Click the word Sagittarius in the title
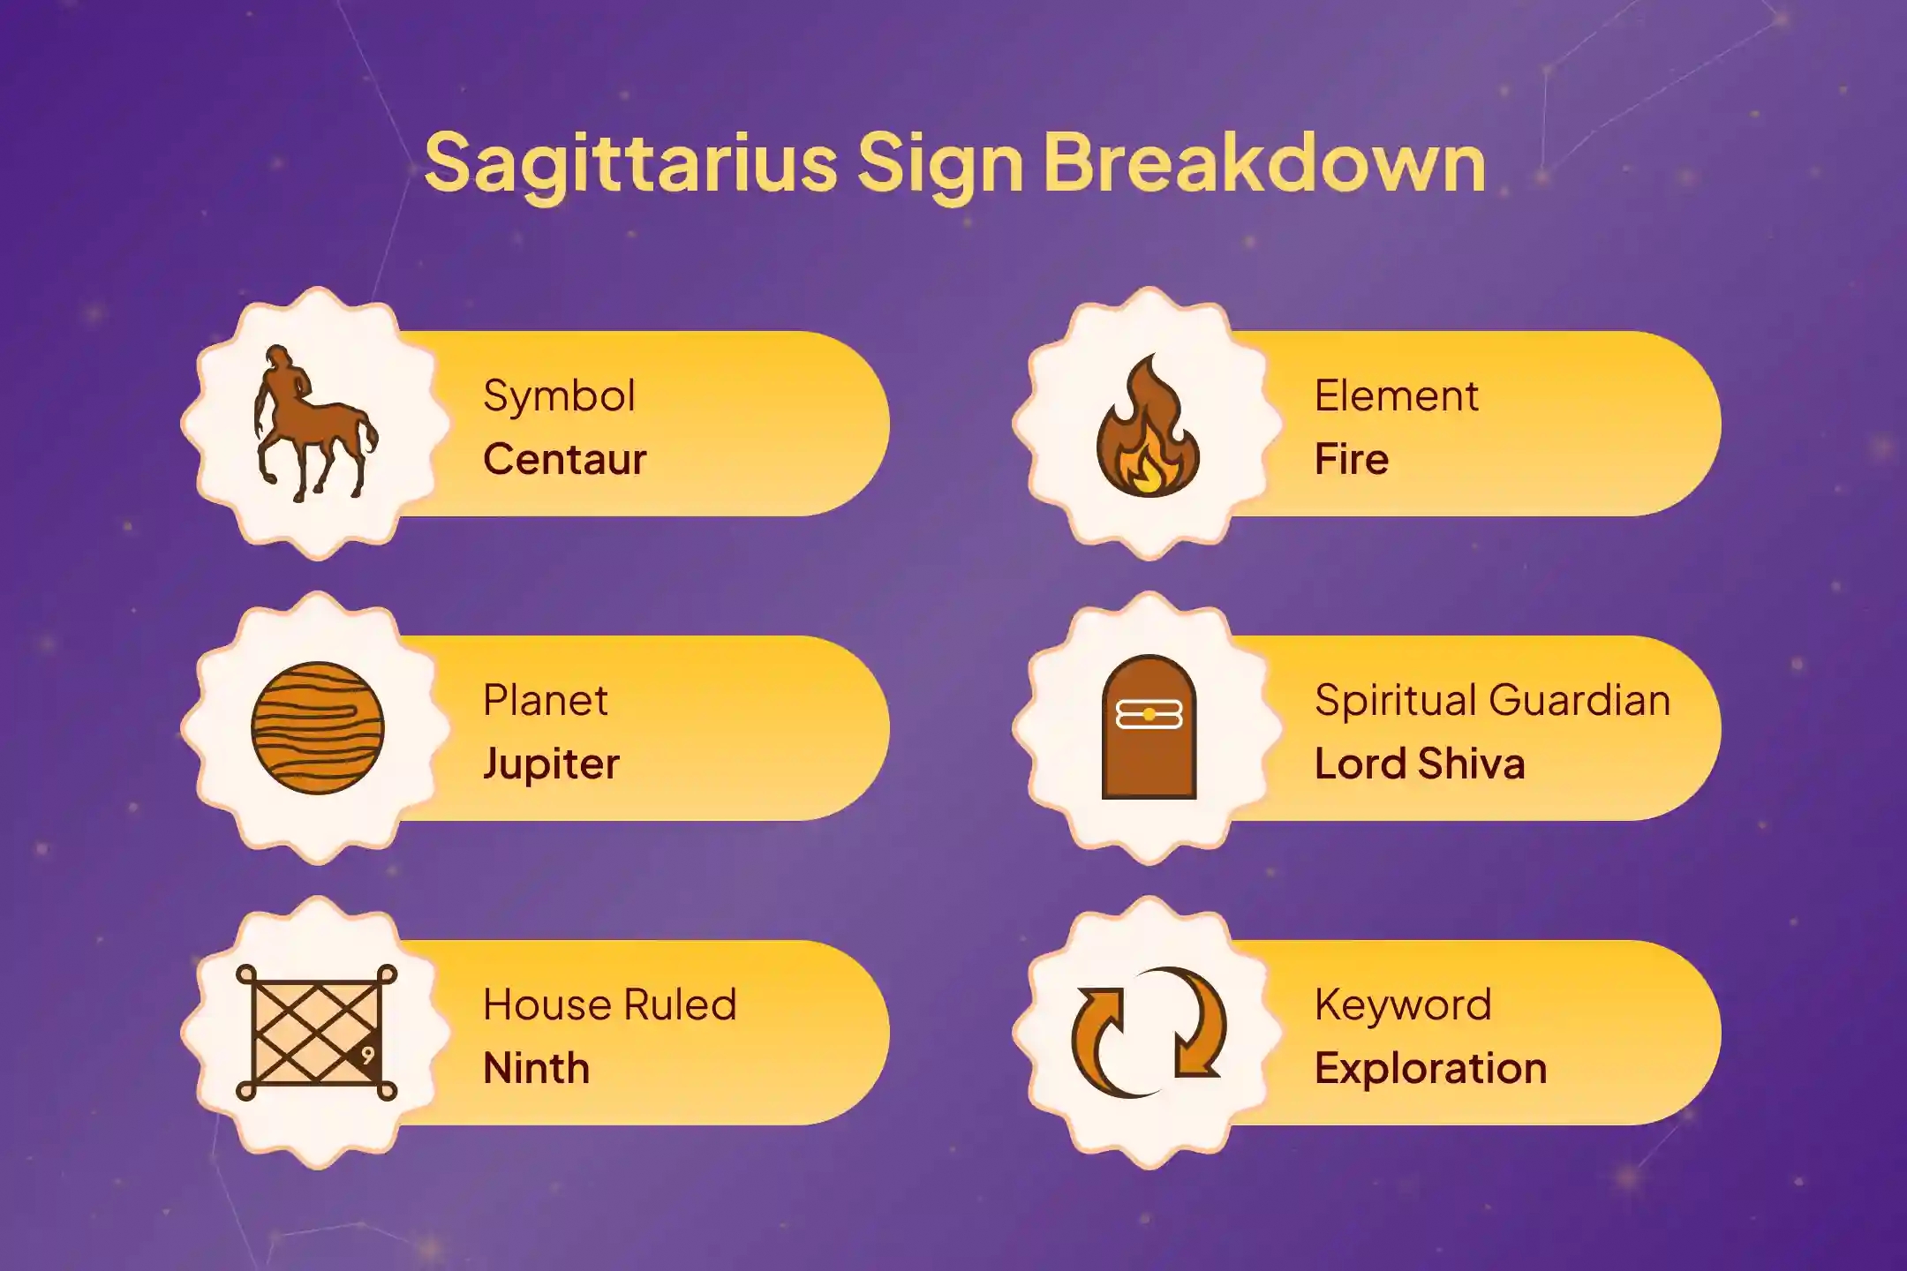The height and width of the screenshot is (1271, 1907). click(x=630, y=164)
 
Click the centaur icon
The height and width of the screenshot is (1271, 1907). click(x=316, y=424)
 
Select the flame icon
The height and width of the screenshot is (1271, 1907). click(x=1148, y=425)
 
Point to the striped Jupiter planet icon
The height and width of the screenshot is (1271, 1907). click(x=318, y=728)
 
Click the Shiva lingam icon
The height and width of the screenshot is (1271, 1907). click(x=1149, y=727)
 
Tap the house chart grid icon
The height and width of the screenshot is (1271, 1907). click(x=316, y=1032)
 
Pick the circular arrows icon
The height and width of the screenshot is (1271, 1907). click(x=1149, y=1032)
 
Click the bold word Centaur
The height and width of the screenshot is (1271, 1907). click(x=565, y=459)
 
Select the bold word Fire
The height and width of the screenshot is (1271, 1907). click(x=1352, y=459)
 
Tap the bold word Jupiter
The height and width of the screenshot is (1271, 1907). click(x=552, y=764)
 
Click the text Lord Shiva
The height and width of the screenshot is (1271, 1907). click(x=1420, y=763)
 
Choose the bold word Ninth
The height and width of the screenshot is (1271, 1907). click(x=536, y=1068)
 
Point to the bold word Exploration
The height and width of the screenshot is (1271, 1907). click(x=1431, y=1069)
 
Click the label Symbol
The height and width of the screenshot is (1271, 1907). click(x=559, y=396)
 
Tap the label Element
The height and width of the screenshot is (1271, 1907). click(x=1396, y=395)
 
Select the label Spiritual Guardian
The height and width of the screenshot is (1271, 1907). click(x=1492, y=700)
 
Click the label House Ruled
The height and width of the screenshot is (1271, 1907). click(x=609, y=1004)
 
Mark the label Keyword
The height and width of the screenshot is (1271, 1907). click(x=1403, y=1005)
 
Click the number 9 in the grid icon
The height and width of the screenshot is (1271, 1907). click(x=368, y=1056)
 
